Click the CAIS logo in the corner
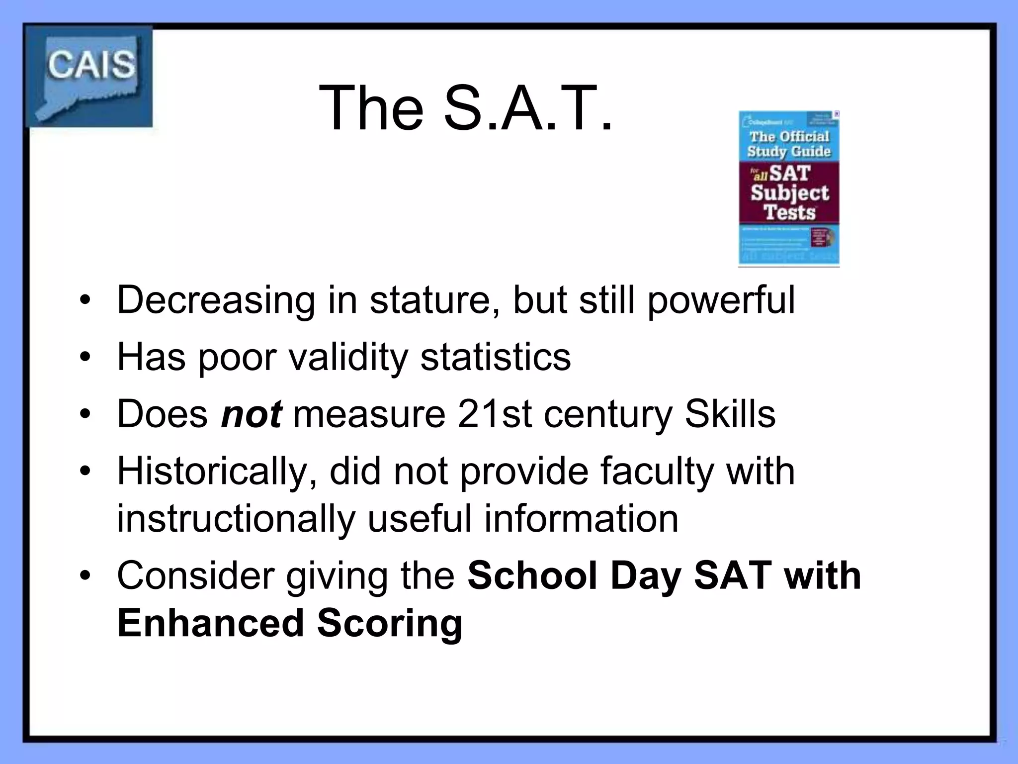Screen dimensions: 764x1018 pyautogui.click(x=89, y=76)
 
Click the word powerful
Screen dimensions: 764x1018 pyautogui.click(x=721, y=300)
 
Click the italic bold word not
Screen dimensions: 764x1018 pyautogui.click(x=252, y=414)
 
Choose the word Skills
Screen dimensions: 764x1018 pyautogui.click(x=730, y=414)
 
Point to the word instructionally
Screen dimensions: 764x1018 pyautogui.click(x=236, y=519)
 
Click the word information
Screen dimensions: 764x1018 pyautogui.click(x=581, y=519)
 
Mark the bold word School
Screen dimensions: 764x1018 pyautogui.click(x=532, y=575)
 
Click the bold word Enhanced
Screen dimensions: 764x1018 pyautogui.click(x=210, y=623)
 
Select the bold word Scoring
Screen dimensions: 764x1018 pyautogui.click(x=390, y=623)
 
